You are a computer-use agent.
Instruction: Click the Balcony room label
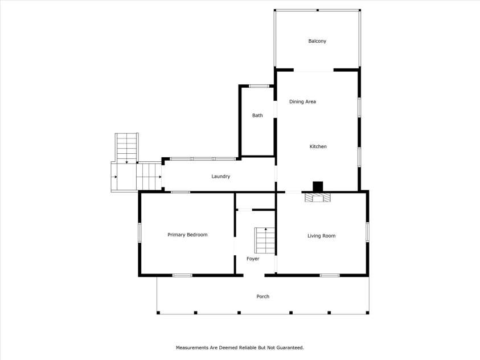point(317,41)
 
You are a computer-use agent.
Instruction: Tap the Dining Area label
point(302,102)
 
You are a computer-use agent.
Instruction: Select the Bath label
point(257,116)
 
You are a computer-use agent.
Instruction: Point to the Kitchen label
point(318,147)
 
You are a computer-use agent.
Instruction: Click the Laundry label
point(220,177)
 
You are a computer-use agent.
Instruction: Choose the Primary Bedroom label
point(187,235)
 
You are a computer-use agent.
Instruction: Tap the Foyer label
point(253,259)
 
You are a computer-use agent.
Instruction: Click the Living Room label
point(321,236)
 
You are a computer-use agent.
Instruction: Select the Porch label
point(262,297)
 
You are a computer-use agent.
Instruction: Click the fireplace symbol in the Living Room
point(318,198)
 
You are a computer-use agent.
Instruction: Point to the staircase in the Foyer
point(265,240)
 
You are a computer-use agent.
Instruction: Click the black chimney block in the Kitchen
point(318,186)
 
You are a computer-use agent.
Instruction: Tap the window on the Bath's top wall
point(259,87)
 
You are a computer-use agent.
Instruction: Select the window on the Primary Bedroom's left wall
point(140,232)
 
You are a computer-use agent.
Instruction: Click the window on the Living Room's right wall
point(367,231)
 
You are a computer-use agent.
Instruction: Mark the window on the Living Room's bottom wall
point(329,276)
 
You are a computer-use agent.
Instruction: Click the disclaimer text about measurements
point(240,347)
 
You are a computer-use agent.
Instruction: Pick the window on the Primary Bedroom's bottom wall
point(182,276)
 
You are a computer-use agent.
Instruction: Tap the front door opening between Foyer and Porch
point(254,276)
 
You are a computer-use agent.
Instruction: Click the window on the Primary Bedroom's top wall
point(180,193)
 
